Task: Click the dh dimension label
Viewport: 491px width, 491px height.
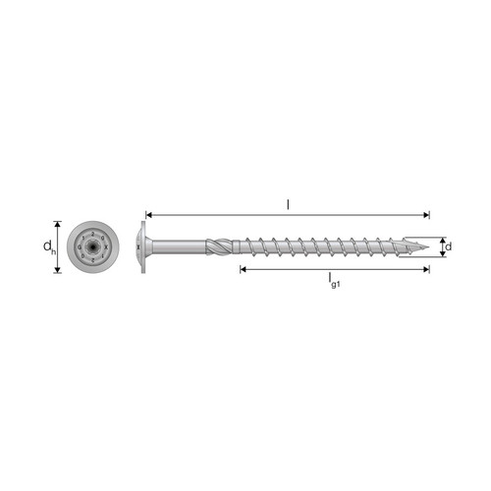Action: [x=49, y=246]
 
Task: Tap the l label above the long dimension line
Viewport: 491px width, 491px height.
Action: [x=288, y=205]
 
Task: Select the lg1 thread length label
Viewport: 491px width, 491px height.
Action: [x=334, y=281]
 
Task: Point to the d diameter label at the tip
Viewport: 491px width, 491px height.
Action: [x=449, y=246]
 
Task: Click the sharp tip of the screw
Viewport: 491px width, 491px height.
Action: [x=429, y=246]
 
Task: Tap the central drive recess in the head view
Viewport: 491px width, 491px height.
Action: [x=92, y=246]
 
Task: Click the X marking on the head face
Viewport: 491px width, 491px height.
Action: [x=105, y=247]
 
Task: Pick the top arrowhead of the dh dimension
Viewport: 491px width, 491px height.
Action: [x=58, y=224]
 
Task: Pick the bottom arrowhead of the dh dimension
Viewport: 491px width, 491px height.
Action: [x=58, y=269]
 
